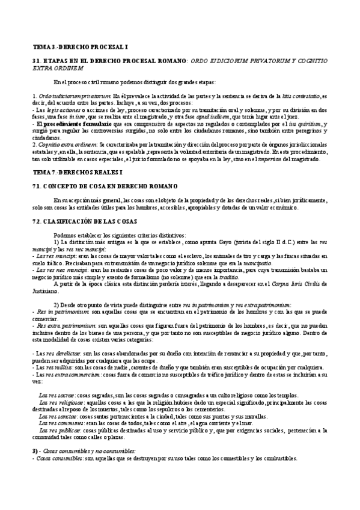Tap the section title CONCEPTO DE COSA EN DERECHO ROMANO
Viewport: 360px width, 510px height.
click(112, 186)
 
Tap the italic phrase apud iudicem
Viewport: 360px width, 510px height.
click(225, 117)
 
